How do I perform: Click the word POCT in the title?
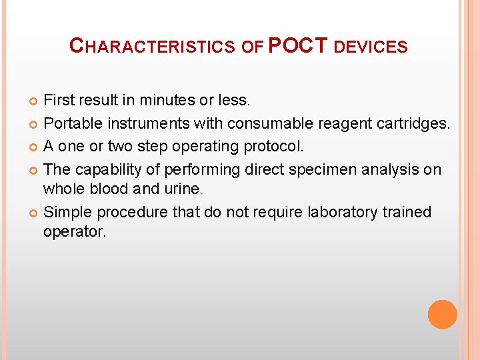click(298, 45)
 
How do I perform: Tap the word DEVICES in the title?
click(370, 47)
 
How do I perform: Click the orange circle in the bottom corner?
click(443, 314)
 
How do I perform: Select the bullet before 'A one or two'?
click(35, 147)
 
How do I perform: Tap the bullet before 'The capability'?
click(35, 169)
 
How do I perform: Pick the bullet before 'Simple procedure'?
click(35, 213)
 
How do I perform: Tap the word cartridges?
click(417, 124)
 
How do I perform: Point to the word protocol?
click(273, 147)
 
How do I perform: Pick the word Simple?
click(67, 212)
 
